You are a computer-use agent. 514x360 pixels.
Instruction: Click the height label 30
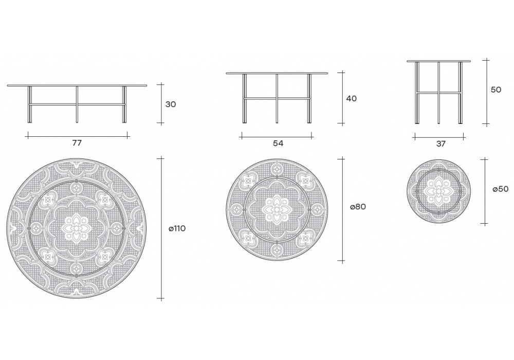[x=171, y=104]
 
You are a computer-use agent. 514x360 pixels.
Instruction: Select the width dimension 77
[x=77, y=143]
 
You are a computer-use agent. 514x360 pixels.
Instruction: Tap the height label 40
[x=352, y=98]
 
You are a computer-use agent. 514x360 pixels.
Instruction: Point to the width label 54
[x=278, y=143]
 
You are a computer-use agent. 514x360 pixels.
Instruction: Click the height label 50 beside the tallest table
[x=496, y=89]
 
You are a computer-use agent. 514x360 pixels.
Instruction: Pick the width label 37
[x=441, y=143]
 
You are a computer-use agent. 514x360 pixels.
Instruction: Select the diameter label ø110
[x=177, y=228]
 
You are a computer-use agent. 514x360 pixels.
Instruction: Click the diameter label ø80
[x=358, y=207]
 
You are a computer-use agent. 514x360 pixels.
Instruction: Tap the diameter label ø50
[x=501, y=189]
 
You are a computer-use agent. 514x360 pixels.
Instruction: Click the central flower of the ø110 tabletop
[x=77, y=228]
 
